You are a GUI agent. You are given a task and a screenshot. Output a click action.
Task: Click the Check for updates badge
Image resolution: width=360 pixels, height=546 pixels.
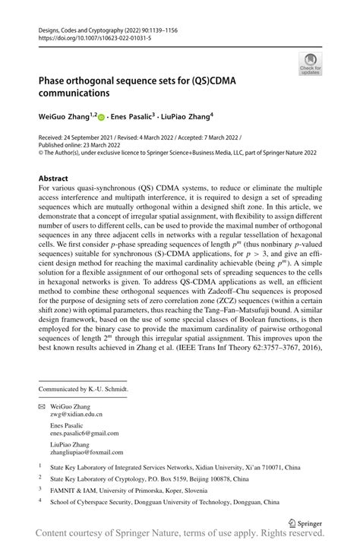pyautogui.click(x=310, y=63)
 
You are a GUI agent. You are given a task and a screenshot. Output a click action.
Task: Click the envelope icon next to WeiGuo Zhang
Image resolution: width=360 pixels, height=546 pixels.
pyautogui.click(x=42, y=407)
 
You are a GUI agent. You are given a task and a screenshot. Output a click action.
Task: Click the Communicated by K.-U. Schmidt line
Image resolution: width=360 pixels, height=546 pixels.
pyautogui.click(x=84, y=389)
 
